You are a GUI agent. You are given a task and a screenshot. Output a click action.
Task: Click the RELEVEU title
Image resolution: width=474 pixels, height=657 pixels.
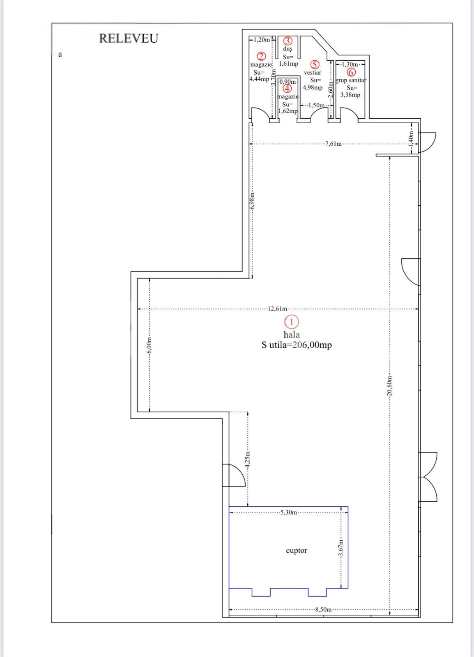click(x=128, y=39)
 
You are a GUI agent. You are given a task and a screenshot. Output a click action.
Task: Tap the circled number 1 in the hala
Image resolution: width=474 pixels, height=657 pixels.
click(x=292, y=322)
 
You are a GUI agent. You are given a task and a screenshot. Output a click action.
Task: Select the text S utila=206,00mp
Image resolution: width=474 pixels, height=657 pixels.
click(x=297, y=345)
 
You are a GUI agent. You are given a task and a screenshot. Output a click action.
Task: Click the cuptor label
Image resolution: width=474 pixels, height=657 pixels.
click(x=297, y=551)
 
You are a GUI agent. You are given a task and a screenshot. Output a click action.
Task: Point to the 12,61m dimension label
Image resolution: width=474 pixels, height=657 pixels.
click(x=278, y=309)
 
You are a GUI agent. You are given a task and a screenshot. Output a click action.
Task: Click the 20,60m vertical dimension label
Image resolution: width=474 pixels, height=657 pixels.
click(x=389, y=386)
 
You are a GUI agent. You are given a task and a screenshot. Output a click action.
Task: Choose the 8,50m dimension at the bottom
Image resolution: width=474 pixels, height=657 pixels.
click(x=323, y=610)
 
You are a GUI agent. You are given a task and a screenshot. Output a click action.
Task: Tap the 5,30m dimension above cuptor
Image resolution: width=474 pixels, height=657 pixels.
click(x=289, y=512)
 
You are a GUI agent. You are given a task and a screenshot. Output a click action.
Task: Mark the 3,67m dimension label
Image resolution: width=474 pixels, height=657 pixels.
click(x=341, y=549)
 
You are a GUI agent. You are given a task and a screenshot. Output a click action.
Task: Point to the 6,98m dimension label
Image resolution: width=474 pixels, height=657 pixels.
click(x=252, y=201)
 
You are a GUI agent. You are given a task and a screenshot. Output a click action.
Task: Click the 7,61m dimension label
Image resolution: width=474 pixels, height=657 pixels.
click(x=333, y=144)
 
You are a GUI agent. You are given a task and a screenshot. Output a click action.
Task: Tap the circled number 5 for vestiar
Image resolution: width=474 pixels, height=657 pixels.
click(x=315, y=64)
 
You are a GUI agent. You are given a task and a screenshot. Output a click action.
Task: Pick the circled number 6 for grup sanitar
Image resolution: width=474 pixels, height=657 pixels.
click(x=352, y=72)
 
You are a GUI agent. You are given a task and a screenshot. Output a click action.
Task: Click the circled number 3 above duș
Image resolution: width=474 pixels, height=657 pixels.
click(x=288, y=41)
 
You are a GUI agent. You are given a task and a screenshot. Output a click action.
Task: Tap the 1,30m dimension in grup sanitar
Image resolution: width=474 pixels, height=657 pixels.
click(x=350, y=64)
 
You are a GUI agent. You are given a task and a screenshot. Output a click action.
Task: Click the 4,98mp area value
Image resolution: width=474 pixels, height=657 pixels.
click(x=313, y=87)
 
